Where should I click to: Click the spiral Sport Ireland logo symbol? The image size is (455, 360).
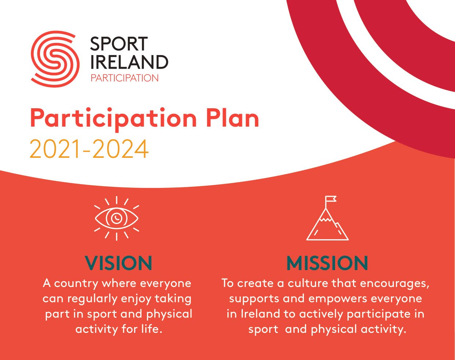click(55, 59)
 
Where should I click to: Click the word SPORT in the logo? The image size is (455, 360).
click(119, 44)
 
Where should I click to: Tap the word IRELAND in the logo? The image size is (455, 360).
click(129, 62)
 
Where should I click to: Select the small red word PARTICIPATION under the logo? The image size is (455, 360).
click(125, 78)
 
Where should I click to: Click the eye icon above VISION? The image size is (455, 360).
click(117, 218)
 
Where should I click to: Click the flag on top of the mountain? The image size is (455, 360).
click(330, 199)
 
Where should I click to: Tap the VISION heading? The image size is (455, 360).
click(118, 263)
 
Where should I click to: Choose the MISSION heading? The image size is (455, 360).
click(327, 263)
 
